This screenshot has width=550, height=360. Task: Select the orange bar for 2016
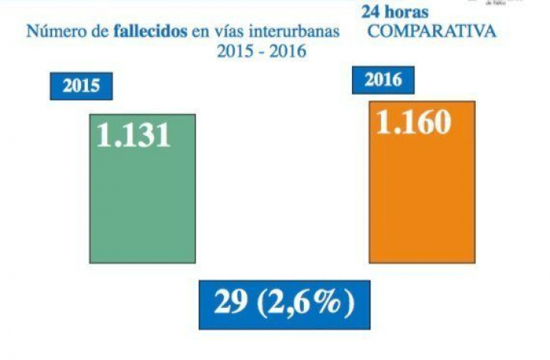click(x=422, y=199)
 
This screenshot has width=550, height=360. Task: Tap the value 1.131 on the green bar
click(x=133, y=135)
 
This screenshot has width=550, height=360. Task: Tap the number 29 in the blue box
click(x=231, y=304)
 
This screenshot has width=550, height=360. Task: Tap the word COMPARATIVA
click(x=430, y=32)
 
